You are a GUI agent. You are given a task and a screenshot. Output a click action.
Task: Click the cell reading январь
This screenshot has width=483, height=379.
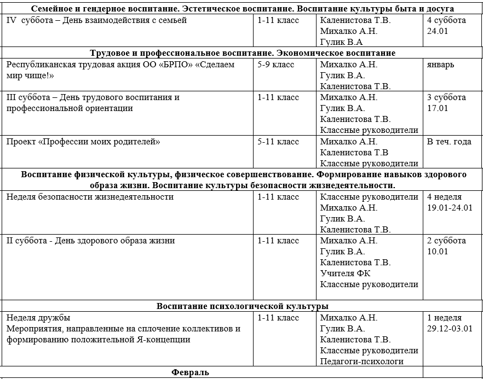(440, 65)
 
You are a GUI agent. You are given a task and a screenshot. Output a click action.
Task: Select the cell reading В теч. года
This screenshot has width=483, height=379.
(449, 142)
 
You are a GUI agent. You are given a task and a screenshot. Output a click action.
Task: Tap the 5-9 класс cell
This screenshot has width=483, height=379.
(275, 65)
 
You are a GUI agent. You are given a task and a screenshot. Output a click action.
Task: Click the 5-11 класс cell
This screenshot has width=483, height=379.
(278, 142)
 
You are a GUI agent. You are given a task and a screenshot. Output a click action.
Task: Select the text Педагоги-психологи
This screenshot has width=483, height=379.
(361, 361)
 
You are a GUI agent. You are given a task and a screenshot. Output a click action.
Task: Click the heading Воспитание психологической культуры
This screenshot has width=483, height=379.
(243, 306)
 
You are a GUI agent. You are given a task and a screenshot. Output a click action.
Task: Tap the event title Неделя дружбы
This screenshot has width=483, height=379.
(38, 318)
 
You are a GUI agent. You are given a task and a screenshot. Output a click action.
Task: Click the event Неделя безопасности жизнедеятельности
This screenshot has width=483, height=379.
(90, 197)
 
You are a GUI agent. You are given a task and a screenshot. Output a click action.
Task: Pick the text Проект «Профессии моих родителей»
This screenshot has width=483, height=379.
(83, 142)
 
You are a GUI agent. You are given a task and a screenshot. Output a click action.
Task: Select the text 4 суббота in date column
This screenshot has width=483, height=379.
(446, 20)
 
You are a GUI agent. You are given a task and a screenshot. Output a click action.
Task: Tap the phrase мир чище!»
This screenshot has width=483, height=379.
(30, 75)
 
